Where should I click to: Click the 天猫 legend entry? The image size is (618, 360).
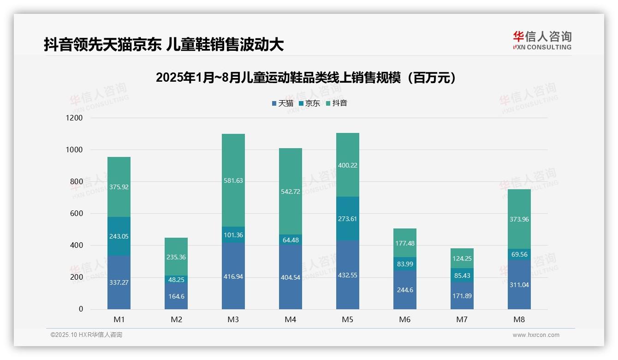[x=283, y=103]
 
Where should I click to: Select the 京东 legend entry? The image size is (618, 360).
[x=309, y=103]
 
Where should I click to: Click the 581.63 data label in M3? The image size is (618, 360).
[x=233, y=180]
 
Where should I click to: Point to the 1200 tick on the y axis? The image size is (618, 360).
[x=74, y=118]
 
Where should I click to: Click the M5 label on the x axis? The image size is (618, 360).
[x=347, y=319]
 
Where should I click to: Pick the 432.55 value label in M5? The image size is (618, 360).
[x=347, y=275]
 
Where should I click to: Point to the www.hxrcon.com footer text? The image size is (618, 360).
[x=536, y=335]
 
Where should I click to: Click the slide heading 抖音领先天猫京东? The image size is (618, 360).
[x=164, y=44]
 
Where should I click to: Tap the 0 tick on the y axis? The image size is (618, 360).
[x=81, y=309]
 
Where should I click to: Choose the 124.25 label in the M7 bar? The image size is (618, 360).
[x=462, y=258]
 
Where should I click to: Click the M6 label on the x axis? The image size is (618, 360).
[x=404, y=319]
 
